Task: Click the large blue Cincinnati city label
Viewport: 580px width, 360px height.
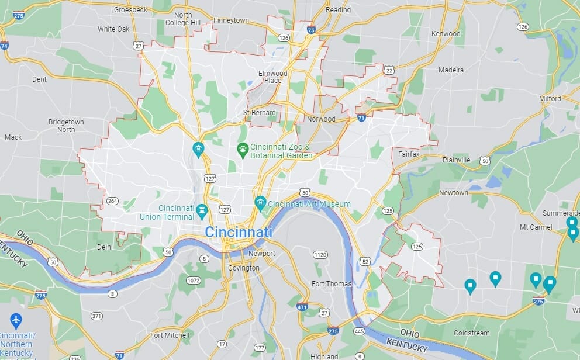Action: point(239,232)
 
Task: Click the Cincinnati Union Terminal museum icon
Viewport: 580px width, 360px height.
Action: point(202,209)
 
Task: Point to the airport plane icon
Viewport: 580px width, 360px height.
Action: point(16,320)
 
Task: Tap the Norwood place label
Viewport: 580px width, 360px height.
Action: point(322,119)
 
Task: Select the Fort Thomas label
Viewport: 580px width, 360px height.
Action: point(332,284)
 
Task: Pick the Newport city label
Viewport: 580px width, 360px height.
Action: point(261,254)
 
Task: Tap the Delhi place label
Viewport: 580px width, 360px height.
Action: point(105,247)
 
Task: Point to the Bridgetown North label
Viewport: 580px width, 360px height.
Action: point(66,126)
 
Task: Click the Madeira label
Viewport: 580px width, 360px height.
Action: point(451,70)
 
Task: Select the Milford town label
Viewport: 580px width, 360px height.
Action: point(550,99)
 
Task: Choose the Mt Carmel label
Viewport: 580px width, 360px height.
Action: point(536,227)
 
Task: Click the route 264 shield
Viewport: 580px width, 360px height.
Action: point(112,202)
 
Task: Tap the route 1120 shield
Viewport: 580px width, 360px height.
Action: point(320,255)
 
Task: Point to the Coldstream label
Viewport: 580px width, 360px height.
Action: point(472,333)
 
